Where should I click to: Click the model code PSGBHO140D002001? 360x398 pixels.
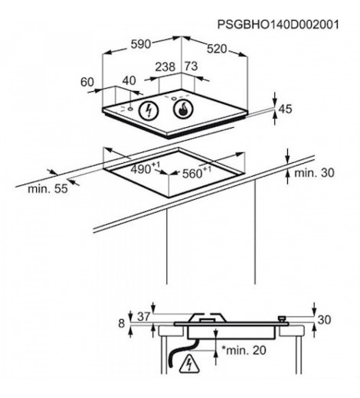point(278,24)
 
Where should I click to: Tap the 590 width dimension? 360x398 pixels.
point(141,44)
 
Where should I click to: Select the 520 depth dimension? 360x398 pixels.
point(217,49)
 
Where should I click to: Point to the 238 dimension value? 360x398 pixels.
point(165,67)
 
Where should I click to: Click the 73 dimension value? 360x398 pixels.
point(191,67)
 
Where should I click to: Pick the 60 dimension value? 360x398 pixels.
point(87,82)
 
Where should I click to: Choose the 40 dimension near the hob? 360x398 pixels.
point(129,80)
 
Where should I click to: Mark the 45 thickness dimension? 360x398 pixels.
point(285,109)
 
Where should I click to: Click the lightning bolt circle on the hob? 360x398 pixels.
point(149,111)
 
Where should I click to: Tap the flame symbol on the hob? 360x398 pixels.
point(183,109)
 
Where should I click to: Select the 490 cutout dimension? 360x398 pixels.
point(146,168)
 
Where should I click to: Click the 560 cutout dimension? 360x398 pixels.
point(197,172)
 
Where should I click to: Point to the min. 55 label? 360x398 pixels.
point(47,189)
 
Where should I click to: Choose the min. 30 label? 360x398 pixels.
point(314,173)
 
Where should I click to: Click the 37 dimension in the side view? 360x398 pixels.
point(144,317)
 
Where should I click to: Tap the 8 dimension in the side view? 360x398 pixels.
point(122,323)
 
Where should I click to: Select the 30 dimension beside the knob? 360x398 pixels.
point(324,319)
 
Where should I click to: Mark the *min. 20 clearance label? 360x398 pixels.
point(244,350)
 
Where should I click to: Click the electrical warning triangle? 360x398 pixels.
point(189,363)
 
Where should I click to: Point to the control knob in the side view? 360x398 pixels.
point(282,319)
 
